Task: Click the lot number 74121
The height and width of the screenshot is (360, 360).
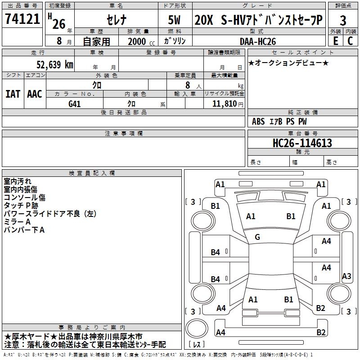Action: pyautogui.click(x=22, y=20)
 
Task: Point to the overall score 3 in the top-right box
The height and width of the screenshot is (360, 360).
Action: pyautogui.click(x=343, y=20)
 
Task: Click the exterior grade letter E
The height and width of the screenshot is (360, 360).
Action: pyautogui.click(x=335, y=40)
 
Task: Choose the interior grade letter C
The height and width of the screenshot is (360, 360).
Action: pyautogui.click(x=350, y=40)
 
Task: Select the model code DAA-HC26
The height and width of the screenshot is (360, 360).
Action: pyautogui.click(x=257, y=41)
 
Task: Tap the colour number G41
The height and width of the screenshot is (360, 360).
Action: pyautogui.click(x=74, y=103)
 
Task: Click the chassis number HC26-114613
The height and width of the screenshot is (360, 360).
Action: pyautogui.click(x=302, y=143)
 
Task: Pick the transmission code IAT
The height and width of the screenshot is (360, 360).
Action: pyautogui.click(x=13, y=94)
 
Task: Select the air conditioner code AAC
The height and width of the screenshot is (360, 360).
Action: pyautogui.click(x=35, y=94)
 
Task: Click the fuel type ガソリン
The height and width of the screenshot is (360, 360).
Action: pyautogui.click(x=174, y=41)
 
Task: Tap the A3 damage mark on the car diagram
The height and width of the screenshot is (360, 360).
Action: pyautogui.click(x=346, y=276)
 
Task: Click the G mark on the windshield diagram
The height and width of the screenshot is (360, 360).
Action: pyautogui.click(x=257, y=237)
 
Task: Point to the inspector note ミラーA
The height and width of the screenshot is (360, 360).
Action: pyautogui.click(x=17, y=222)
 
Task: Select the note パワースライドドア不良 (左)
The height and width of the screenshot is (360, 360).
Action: pyautogui.click(x=50, y=214)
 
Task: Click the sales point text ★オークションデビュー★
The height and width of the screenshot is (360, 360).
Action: pyautogui.click(x=288, y=63)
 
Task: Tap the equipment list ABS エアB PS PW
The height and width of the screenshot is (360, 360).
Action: pyautogui.click(x=279, y=121)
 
